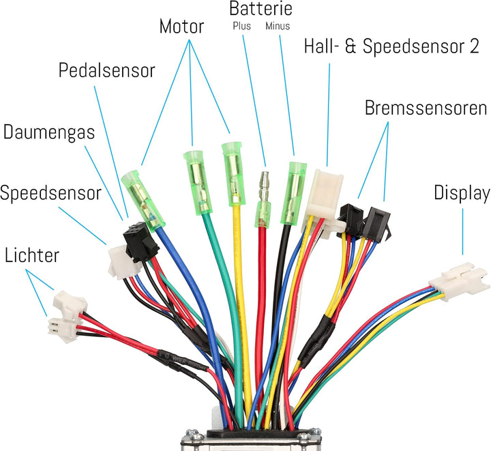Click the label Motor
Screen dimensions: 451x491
point(181,27)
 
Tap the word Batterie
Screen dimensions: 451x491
point(261,9)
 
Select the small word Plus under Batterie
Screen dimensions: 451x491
point(241,26)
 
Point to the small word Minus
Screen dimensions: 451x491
point(278,26)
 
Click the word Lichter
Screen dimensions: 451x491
point(32,256)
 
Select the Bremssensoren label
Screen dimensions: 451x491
point(426,108)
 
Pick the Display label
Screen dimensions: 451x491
point(462,193)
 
